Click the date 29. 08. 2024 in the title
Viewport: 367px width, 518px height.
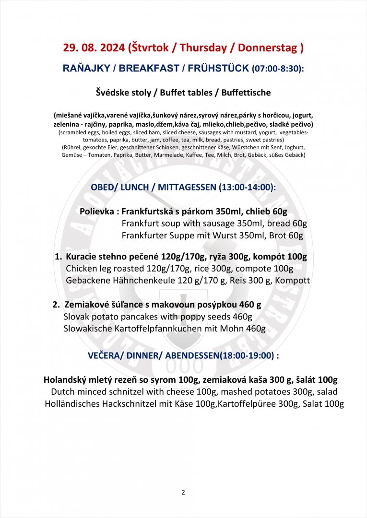coord(94,48)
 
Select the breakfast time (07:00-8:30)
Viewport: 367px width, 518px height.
coord(277,69)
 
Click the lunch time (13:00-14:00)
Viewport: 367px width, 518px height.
coord(247,188)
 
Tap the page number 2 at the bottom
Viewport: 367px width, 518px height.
coord(183,492)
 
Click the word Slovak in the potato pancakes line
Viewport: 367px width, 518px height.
coord(75,317)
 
